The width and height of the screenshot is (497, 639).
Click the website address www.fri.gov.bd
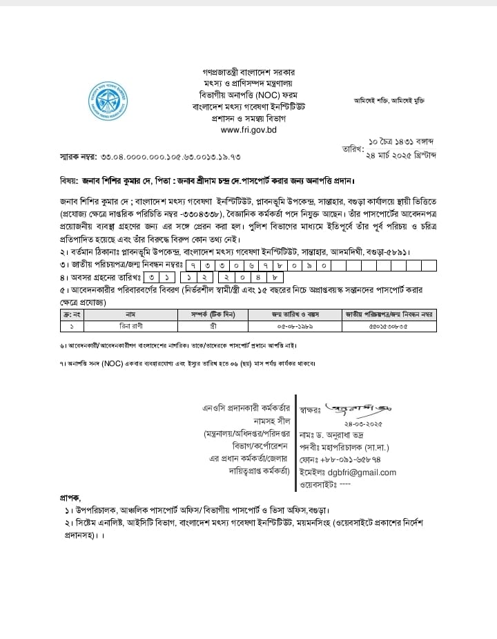click(x=248, y=130)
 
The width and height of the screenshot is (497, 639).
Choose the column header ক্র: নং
click(x=71, y=314)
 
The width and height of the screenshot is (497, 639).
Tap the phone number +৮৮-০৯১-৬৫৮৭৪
click(x=358, y=459)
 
